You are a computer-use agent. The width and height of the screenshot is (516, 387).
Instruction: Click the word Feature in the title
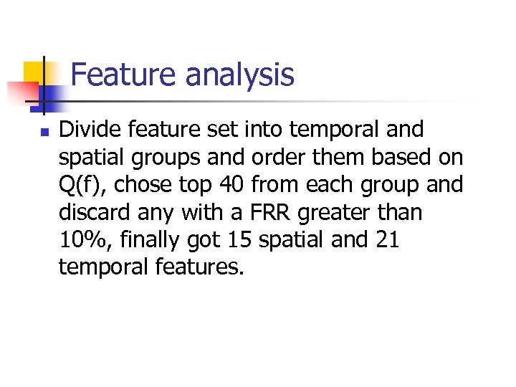click(x=115, y=75)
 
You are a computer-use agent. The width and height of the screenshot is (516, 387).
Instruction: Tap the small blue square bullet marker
click(x=25, y=132)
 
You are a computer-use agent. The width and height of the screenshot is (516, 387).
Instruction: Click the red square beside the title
click(x=21, y=92)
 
